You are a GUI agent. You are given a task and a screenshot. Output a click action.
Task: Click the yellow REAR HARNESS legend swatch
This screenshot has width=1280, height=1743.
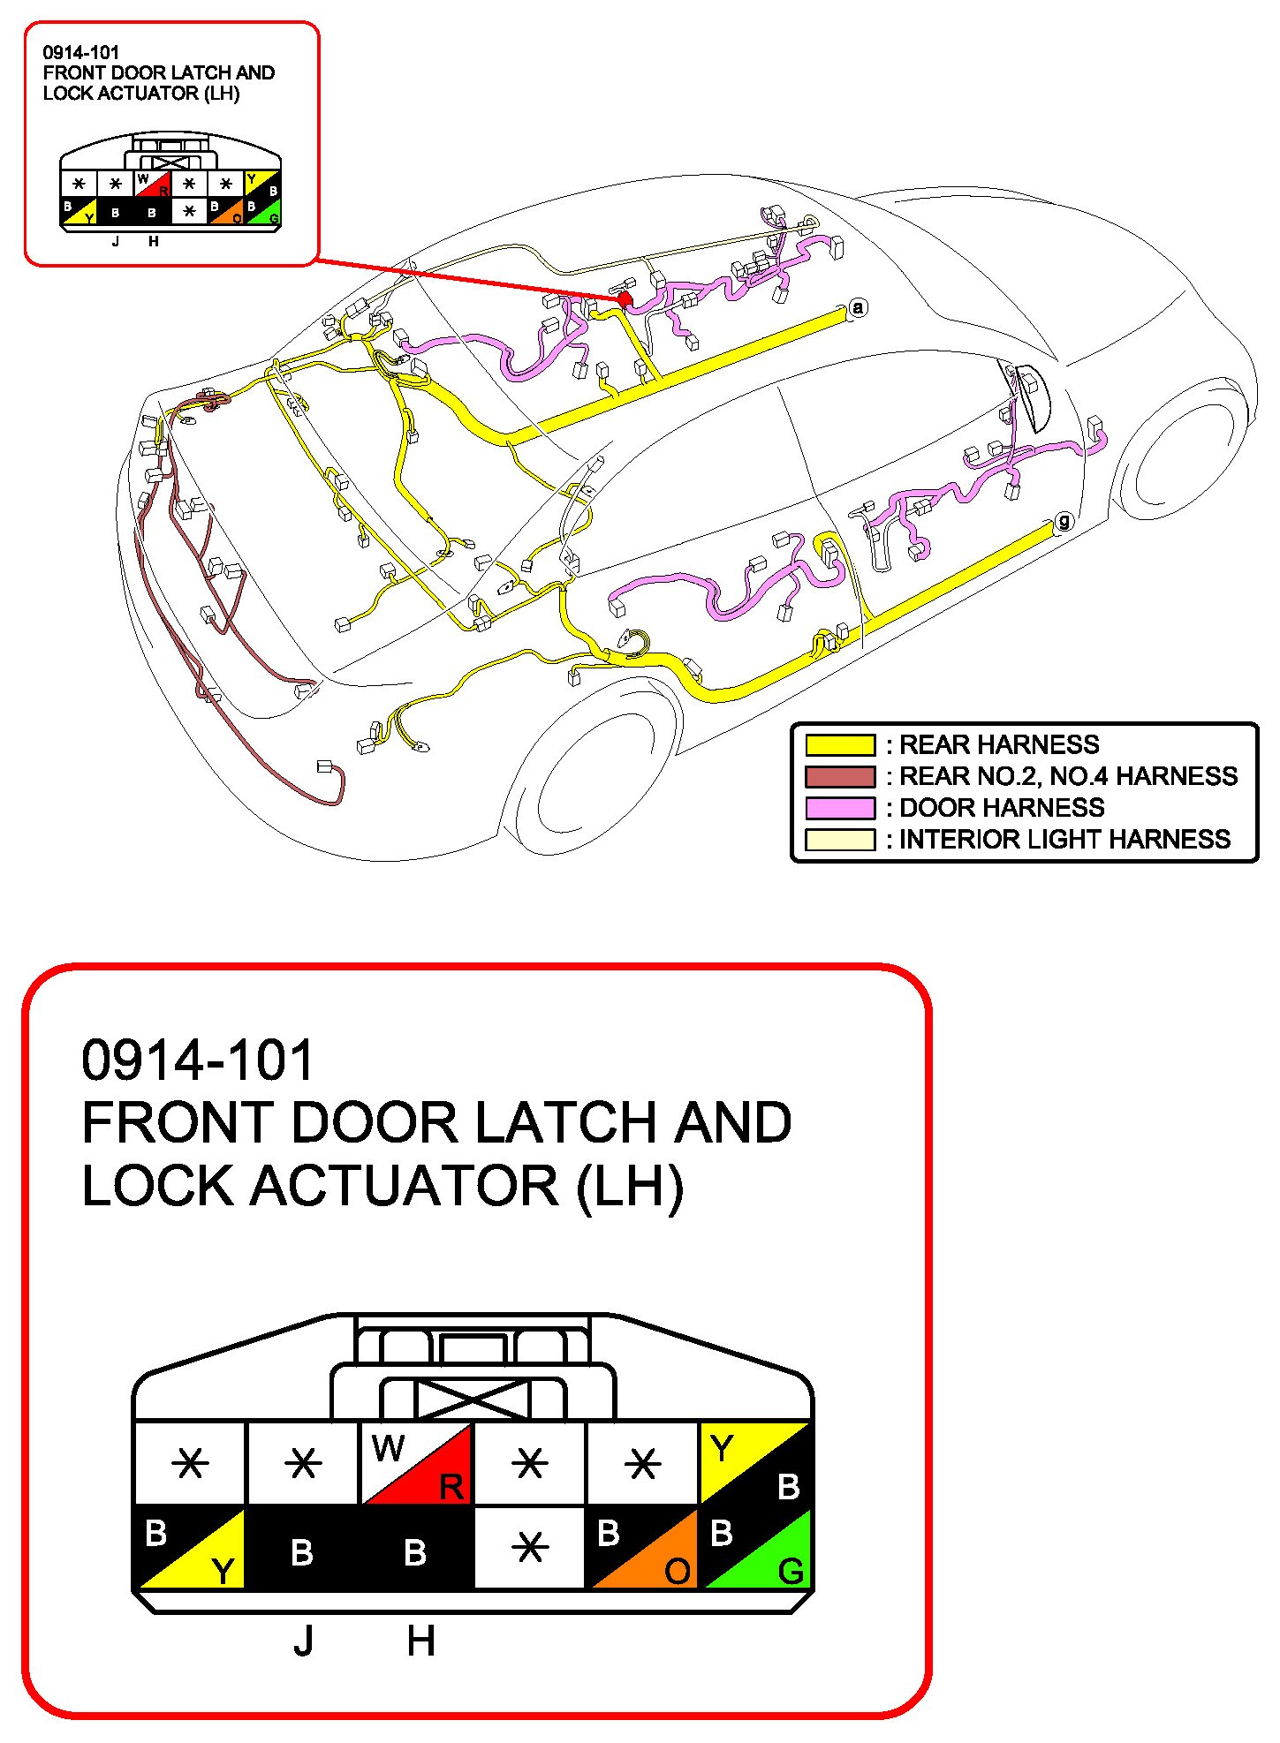[839, 745]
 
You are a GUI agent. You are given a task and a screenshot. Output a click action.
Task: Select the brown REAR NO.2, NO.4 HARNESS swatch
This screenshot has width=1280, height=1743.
[839, 777]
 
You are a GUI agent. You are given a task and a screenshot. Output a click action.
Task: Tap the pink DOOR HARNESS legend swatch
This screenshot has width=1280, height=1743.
[839, 808]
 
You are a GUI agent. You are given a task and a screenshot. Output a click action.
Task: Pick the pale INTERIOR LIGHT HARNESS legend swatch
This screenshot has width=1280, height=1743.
[839, 839]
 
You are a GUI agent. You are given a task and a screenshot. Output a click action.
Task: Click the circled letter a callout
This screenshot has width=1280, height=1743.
[857, 308]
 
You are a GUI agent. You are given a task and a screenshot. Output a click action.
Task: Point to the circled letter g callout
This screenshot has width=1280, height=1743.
[1064, 521]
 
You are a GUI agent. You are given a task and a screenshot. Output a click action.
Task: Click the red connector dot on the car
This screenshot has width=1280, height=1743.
[625, 299]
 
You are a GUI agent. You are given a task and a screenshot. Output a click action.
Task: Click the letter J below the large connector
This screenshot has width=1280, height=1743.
[304, 1641]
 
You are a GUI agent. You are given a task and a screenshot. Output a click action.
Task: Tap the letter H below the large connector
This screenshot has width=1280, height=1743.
[420, 1641]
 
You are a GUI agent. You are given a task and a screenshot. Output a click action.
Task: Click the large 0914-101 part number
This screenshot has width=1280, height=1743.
[197, 1060]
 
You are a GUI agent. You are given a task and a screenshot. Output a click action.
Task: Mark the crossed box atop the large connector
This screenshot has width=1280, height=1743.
[472, 1400]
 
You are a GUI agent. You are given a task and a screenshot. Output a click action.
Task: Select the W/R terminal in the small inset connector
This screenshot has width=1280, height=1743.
[151, 185]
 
